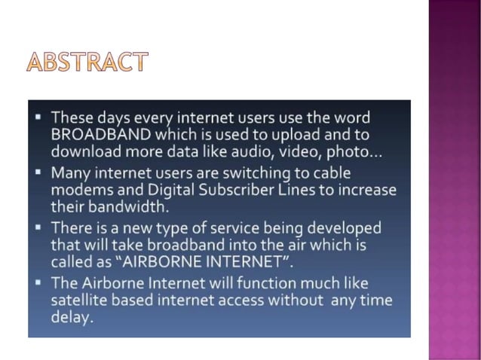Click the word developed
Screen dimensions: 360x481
[x=342, y=227]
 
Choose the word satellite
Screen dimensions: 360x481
[x=79, y=300]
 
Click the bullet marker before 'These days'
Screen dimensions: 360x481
[x=37, y=118]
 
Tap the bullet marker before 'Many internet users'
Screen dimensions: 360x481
[x=37, y=172]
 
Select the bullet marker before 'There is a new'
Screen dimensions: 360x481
[x=37, y=227]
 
